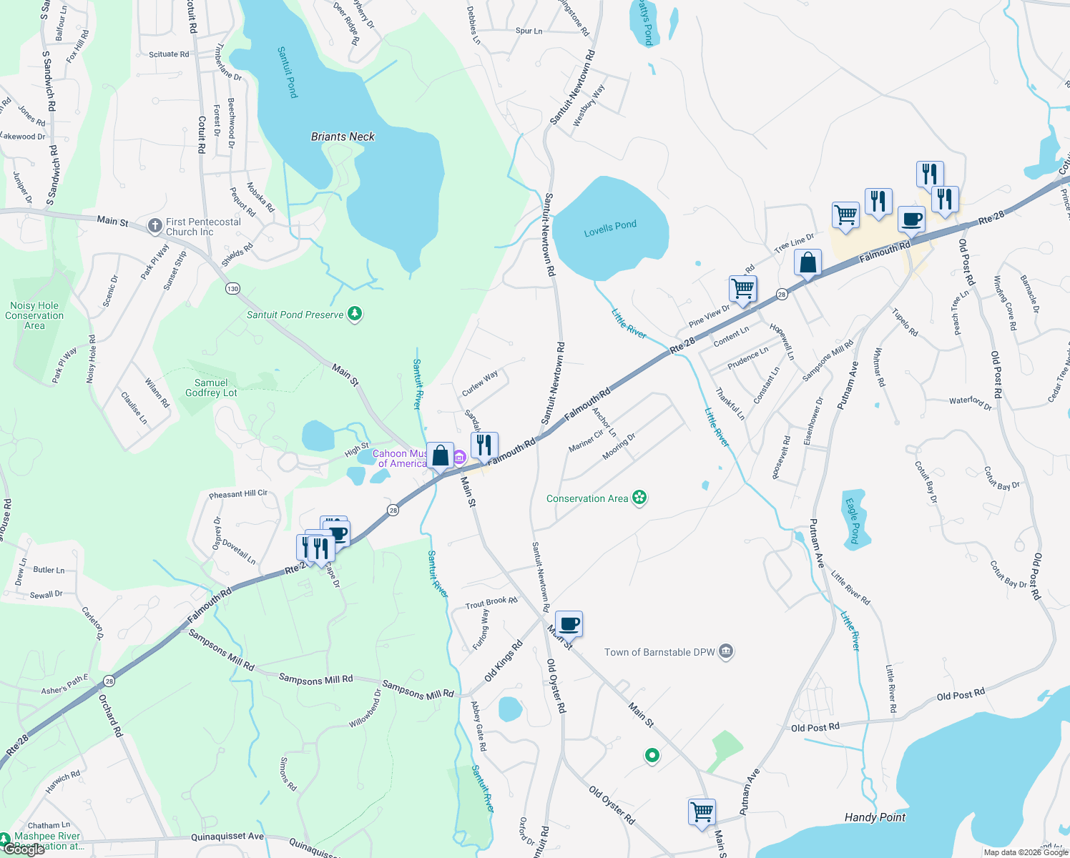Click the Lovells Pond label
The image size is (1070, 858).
(610, 229)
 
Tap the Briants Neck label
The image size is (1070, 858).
(343, 137)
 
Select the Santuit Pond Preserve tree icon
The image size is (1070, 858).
(355, 314)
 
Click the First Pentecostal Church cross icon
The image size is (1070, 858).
(154, 226)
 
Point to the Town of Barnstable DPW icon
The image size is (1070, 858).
(726, 651)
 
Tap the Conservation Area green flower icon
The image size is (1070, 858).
(639, 498)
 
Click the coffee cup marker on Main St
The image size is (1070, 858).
(569, 624)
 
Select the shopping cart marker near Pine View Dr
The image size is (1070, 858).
(743, 289)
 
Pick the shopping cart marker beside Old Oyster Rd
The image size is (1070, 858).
(702, 812)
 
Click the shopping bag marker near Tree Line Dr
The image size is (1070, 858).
(808, 262)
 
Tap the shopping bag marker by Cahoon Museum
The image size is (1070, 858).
(440, 455)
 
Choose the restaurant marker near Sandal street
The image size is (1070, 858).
(484, 445)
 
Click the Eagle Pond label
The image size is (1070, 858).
(853, 521)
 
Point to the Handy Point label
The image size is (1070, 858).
(875, 817)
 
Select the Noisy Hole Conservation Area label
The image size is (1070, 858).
(34, 315)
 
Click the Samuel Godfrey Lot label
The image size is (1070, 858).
(211, 388)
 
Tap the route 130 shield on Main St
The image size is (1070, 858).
(232, 289)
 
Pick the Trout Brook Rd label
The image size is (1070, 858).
(491, 603)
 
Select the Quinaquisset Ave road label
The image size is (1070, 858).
(227, 837)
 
